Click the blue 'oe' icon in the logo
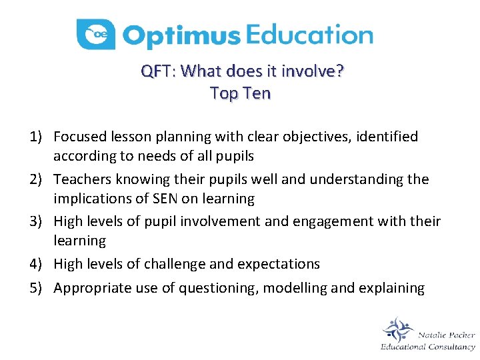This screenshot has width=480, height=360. (96, 35)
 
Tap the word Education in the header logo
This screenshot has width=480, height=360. (309, 35)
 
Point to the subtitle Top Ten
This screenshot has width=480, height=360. (240, 93)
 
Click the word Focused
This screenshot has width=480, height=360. (79, 137)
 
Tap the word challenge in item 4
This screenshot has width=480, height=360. (175, 265)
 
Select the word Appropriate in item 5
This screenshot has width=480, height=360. (89, 288)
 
